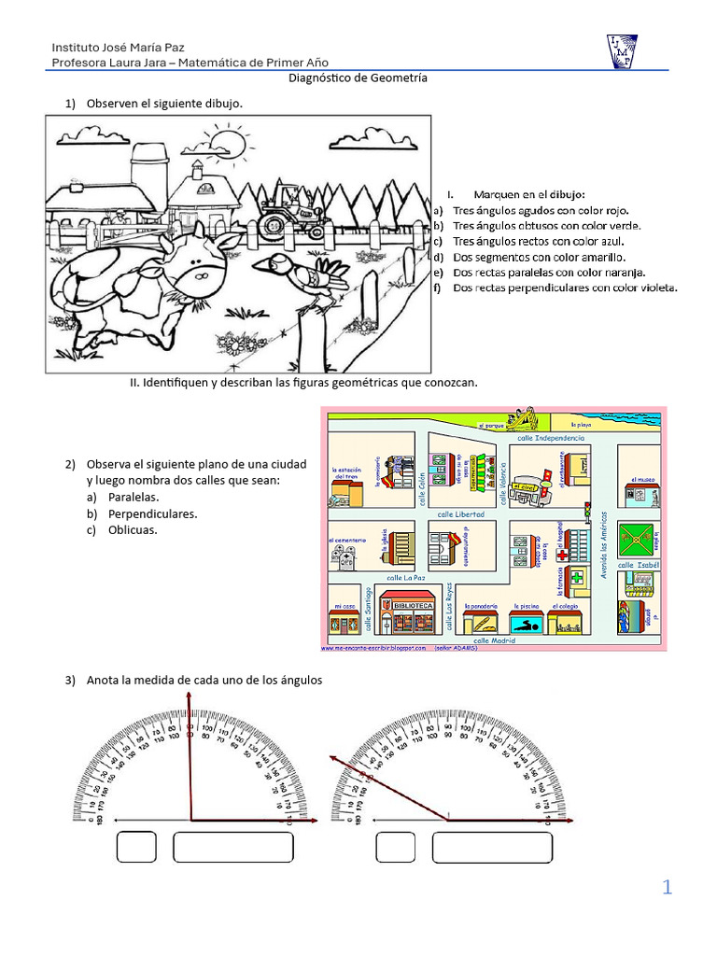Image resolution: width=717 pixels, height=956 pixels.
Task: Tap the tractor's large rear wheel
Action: tap(274, 222)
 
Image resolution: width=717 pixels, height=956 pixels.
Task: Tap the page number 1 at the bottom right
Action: tap(667, 887)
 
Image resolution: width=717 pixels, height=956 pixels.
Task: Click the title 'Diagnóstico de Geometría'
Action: tap(358, 79)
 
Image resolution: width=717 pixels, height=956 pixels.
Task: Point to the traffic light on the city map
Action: tap(587, 512)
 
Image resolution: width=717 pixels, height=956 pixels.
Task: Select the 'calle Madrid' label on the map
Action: tap(494, 641)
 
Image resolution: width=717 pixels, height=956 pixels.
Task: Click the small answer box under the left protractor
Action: tap(135, 847)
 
